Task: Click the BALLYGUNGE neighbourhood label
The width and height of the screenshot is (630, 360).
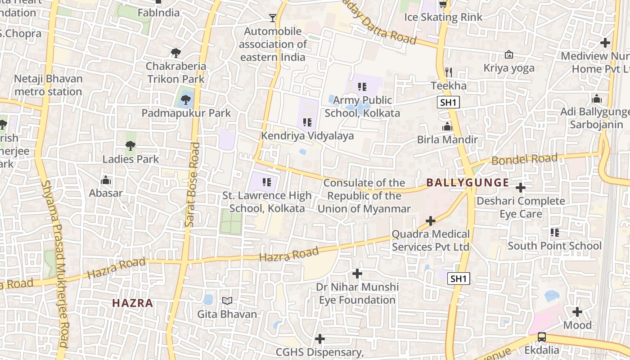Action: pos(468,183)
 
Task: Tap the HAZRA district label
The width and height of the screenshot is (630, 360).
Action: pos(133,303)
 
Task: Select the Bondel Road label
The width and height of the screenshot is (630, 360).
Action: pos(524,159)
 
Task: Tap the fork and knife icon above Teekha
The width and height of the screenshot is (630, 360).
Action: pos(448,72)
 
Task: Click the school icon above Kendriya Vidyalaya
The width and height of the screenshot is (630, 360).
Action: pos(307,122)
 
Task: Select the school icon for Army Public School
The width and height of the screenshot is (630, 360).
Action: pos(362,86)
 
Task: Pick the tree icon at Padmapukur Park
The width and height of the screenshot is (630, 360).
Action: pos(186,100)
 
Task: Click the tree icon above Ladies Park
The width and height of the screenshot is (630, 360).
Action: pos(130,145)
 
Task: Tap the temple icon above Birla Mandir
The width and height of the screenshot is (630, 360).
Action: pos(447,126)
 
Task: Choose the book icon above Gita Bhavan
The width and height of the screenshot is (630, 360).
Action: pos(227,301)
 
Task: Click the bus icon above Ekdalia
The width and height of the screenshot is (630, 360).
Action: pos(542,337)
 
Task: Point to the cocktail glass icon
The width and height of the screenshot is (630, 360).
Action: pos(272,18)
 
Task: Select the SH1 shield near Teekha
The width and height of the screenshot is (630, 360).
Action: pos(448,102)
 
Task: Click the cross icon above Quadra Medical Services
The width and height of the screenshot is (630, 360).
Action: pos(431,221)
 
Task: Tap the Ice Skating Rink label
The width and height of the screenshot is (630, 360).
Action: pos(443,17)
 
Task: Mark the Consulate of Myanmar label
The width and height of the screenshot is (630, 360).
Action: pos(364,196)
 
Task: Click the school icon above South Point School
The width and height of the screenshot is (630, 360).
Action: pos(555,233)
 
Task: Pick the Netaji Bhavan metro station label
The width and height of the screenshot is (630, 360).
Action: pos(48,85)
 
